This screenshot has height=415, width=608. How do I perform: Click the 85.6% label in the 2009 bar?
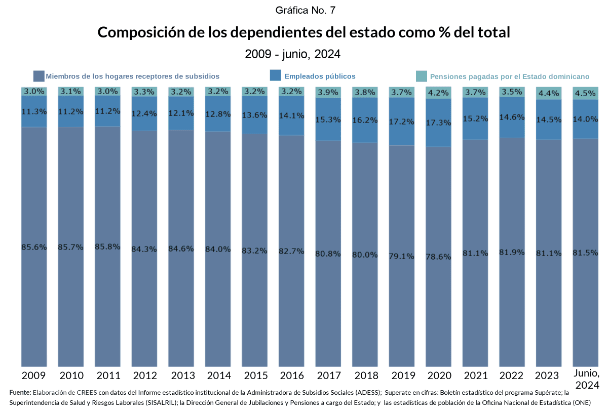(x=34, y=247)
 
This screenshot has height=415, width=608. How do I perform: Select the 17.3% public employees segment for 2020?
(x=438, y=122)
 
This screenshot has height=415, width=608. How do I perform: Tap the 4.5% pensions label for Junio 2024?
(x=585, y=93)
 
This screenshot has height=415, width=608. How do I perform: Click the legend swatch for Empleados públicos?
(x=276, y=76)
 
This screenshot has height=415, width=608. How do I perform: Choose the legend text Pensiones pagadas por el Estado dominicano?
(x=509, y=77)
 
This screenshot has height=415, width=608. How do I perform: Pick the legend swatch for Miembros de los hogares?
(x=39, y=76)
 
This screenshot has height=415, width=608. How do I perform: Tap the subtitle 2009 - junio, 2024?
(x=292, y=54)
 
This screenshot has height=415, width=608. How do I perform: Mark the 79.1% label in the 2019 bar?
(x=401, y=256)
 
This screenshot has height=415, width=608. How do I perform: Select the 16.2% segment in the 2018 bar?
(x=365, y=120)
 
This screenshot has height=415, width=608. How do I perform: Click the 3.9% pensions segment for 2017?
(x=328, y=93)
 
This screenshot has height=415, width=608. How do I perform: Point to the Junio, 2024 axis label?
(x=586, y=379)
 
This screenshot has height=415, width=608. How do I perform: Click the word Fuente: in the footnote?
(x=20, y=392)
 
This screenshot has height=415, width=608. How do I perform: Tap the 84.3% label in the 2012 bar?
(x=144, y=249)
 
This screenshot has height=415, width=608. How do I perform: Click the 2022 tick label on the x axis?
(x=511, y=376)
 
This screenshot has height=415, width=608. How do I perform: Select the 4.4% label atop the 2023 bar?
(x=548, y=93)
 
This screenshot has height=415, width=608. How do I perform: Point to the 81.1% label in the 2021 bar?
(x=475, y=253)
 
